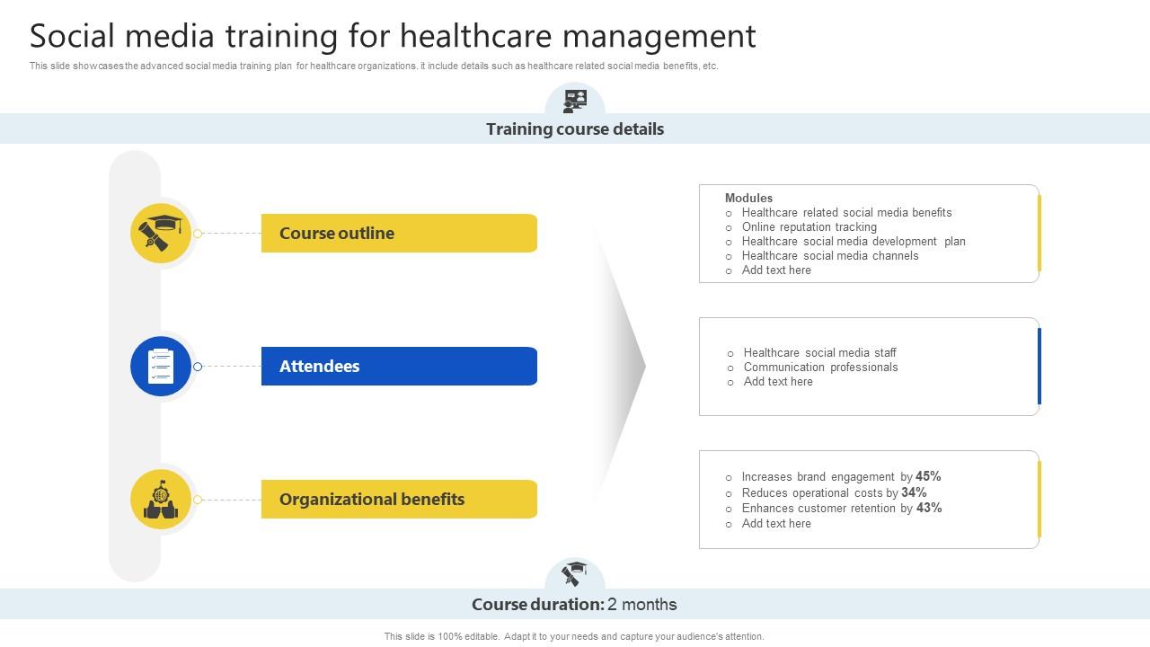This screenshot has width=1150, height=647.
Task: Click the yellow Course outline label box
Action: point(399,233)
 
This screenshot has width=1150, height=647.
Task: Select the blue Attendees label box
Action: point(399,366)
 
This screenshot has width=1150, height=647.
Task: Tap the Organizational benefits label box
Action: point(399,499)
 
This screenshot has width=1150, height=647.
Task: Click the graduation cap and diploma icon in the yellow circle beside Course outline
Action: point(161,234)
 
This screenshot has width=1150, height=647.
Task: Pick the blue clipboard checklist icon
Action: point(161,366)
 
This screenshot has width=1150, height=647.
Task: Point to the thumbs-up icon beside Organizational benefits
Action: point(161,500)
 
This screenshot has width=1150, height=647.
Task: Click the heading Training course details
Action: point(575,129)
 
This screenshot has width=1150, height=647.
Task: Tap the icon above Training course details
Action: point(575,101)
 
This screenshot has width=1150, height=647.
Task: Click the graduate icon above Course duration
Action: point(575,573)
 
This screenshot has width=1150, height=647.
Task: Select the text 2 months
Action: point(642,605)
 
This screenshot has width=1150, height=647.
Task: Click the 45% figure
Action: point(928,476)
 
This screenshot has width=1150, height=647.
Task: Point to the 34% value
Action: point(914,492)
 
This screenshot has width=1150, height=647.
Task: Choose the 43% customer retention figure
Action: point(929,508)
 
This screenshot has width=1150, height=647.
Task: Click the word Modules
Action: point(748,198)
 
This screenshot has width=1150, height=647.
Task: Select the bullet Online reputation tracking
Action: point(809,226)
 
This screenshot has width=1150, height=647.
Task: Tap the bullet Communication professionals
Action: point(820,367)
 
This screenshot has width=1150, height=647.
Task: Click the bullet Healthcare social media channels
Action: point(829,255)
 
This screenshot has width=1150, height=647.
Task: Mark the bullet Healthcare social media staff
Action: point(819,352)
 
